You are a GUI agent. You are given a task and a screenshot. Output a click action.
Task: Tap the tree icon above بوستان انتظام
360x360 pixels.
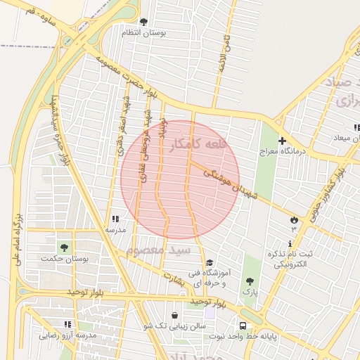[x=144, y=22]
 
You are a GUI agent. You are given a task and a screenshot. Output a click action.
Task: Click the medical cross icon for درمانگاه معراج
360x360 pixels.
[x=282, y=141]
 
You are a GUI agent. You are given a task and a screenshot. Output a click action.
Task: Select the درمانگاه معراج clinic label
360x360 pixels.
[x=282, y=152]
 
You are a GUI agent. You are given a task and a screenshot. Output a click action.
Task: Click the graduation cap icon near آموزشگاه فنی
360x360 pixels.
[x=209, y=263]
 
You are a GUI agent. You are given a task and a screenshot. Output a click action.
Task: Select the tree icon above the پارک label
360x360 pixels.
[x=250, y=281]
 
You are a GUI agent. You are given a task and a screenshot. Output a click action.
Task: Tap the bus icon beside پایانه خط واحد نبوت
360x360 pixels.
[x=243, y=326]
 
